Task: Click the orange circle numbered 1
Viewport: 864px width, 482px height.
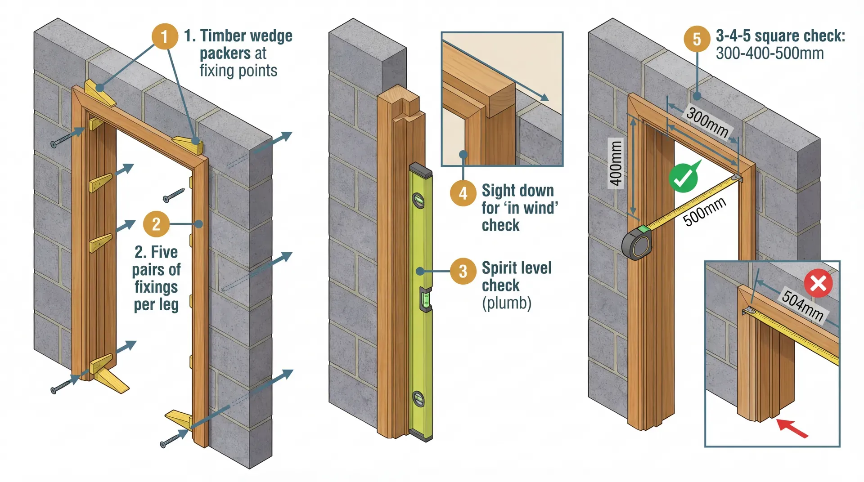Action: (x=164, y=36)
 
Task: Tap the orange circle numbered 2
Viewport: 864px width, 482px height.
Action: (x=156, y=224)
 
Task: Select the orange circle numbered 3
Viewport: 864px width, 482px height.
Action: (x=463, y=271)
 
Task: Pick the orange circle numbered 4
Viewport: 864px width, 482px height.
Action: (x=463, y=193)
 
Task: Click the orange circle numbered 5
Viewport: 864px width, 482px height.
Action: (x=697, y=39)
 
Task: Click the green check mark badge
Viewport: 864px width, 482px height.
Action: (x=683, y=178)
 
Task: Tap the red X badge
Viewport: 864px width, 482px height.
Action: (x=818, y=284)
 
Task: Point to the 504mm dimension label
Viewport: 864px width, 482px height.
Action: (x=802, y=306)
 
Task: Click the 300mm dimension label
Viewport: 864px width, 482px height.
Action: (x=707, y=122)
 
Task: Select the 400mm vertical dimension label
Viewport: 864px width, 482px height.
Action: (x=616, y=163)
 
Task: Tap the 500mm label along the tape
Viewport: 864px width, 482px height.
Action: (x=704, y=211)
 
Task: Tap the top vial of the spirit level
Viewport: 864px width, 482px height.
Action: (x=418, y=201)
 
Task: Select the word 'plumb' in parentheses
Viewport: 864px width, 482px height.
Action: (x=507, y=303)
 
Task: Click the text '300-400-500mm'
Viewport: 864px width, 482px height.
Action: (x=769, y=54)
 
